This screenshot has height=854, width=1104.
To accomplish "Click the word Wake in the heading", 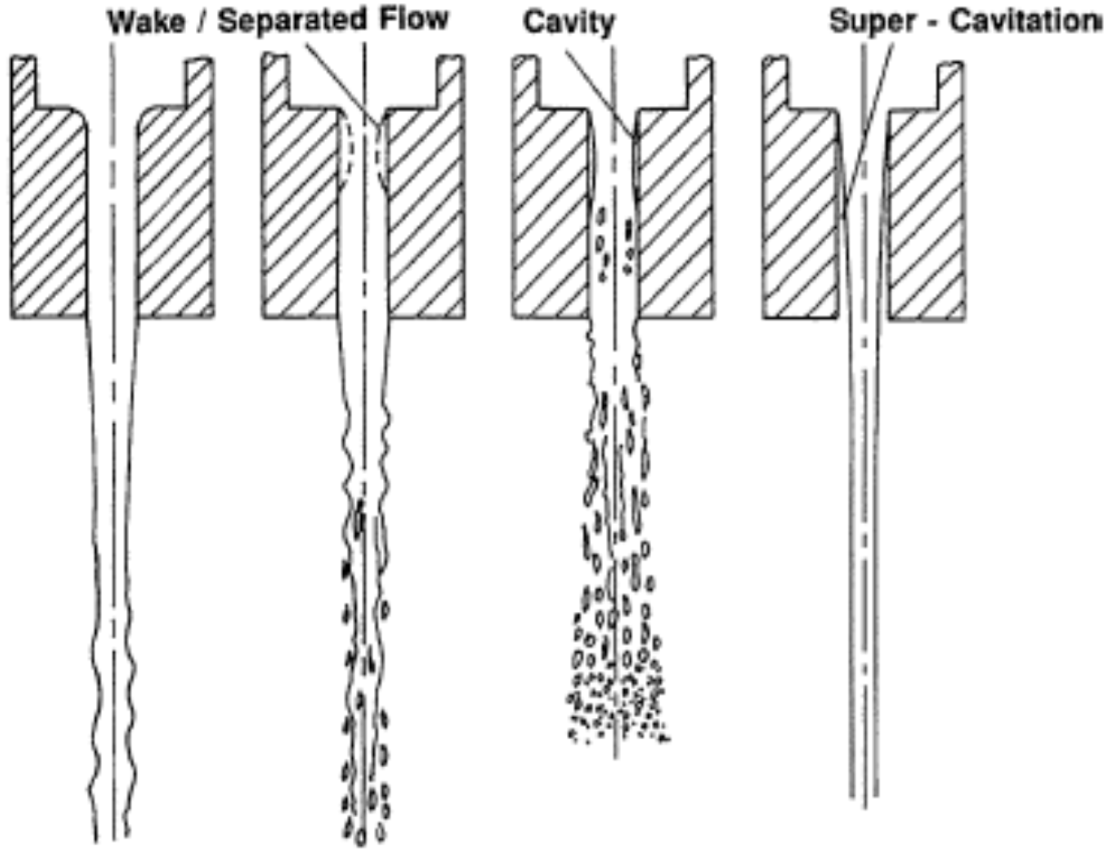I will pyautogui.click(x=147, y=23).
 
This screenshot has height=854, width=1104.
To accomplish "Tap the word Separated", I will pyautogui.click(x=291, y=22).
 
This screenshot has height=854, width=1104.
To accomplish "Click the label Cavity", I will pyautogui.click(x=569, y=23).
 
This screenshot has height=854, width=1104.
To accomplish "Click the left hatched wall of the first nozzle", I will pyautogui.click(x=48, y=212).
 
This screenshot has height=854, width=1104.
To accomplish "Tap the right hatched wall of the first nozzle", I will pyautogui.click(x=176, y=212).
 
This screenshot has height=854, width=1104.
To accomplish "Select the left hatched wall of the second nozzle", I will pyautogui.click(x=299, y=212).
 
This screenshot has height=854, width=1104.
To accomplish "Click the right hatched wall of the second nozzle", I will pyautogui.click(x=426, y=212).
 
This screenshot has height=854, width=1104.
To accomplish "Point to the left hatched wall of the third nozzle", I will pyautogui.click(x=550, y=212).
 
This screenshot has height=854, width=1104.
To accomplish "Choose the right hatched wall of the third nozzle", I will pyautogui.click(x=675, y=212).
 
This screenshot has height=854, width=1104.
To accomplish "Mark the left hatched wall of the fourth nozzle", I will pyautogui.click(x=800, y=212).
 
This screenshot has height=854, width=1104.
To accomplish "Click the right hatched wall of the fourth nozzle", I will pyautogui.click(x=926, y=212).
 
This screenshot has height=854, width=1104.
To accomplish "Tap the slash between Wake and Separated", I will pyautogui.click(x=200, y=23).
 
